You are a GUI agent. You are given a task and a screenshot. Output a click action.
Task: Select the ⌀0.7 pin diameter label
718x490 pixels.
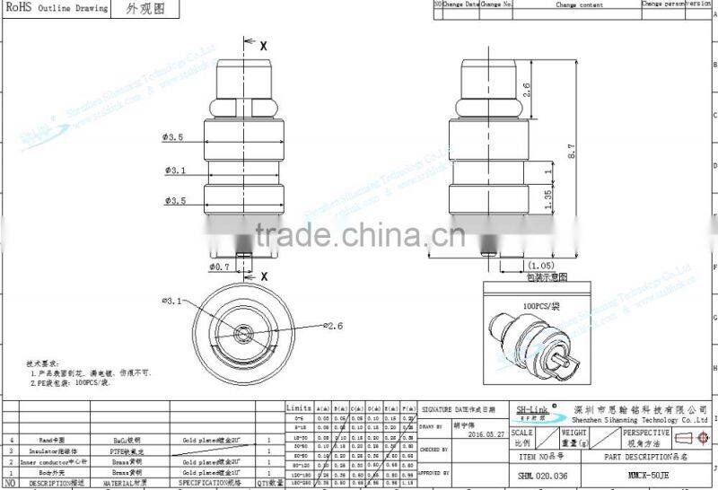coord(221,267)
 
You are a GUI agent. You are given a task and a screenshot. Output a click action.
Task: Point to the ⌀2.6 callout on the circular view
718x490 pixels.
coord(331,326)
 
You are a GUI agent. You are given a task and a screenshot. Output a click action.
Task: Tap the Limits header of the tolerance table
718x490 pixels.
coord(298,407)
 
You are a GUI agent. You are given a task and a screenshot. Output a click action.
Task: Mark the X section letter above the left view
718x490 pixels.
coord(264,44)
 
